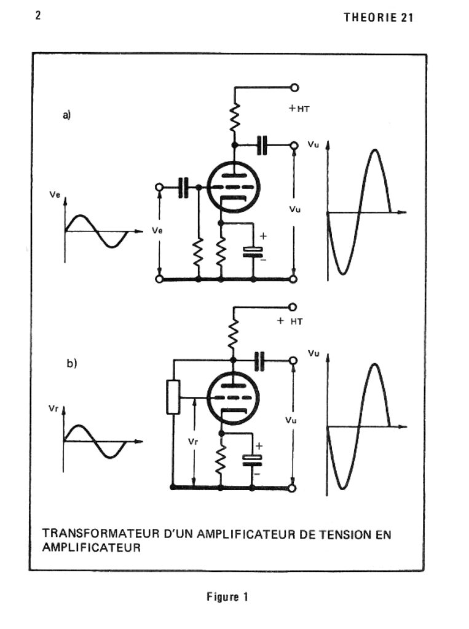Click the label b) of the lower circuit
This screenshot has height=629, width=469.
tap(72, 363)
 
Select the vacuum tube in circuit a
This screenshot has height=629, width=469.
tap(232, 187)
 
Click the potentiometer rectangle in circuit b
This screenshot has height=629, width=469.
tap(173, 397)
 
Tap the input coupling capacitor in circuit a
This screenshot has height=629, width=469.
tap(183, 187)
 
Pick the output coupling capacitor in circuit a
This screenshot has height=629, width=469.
tap(262, 145)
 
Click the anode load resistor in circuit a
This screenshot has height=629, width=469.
tap(234, 117)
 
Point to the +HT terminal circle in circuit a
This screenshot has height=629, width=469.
tap(294, 88)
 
